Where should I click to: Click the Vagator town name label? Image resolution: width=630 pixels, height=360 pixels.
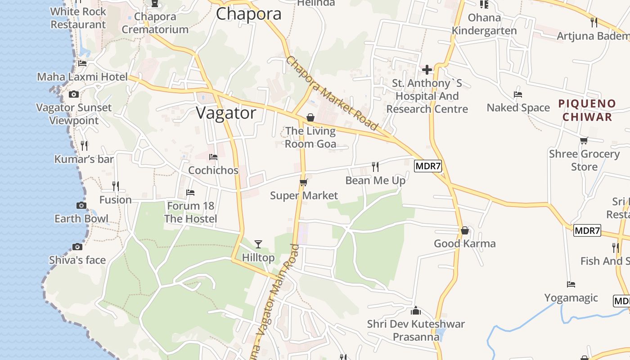click(226, 112)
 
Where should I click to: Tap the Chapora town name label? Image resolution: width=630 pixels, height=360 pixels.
click(248, 13)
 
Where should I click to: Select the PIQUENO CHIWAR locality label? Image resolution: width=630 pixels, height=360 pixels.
click(587, 110)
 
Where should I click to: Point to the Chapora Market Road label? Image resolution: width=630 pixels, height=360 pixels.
click(333, 93)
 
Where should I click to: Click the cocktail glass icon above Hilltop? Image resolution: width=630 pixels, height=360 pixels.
click(258, 244)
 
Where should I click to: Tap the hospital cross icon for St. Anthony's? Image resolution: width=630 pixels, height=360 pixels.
click(427, 70)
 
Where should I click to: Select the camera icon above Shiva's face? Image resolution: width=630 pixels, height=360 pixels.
click(77, 247)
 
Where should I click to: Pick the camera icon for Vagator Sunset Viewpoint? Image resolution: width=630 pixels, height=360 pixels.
click(74, 94)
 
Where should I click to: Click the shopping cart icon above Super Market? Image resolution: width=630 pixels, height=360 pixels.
click(304, 182)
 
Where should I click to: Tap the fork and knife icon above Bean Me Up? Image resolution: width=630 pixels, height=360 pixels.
click(375, 167)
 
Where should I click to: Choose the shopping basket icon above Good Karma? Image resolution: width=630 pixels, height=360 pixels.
click(465, 230)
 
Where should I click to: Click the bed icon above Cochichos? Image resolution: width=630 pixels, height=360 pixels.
click(213, 157)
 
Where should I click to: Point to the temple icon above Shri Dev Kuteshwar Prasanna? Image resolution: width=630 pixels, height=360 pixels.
click(416, 310)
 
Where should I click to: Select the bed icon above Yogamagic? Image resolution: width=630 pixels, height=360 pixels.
click(571, 284)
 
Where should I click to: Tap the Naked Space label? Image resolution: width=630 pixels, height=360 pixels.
click(518, 108)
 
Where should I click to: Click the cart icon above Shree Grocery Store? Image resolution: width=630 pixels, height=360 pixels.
click(584, 140)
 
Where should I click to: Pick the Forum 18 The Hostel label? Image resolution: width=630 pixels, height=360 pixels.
click(191, 212)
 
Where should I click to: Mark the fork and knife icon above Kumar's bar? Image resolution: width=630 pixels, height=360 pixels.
click(84, 146)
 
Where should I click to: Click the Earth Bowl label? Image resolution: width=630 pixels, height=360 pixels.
click(81, 219)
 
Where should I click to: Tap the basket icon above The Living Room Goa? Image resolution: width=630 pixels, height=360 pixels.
click(310, 117)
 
